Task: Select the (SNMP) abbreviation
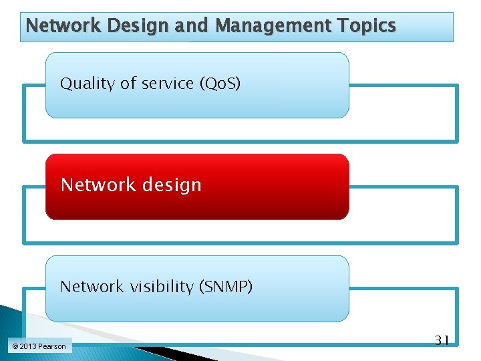224,287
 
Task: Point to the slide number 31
442,340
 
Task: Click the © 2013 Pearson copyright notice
39,346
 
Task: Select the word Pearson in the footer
52,346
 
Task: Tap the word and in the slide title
194,26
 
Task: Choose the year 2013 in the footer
28,346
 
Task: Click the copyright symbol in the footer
15,346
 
